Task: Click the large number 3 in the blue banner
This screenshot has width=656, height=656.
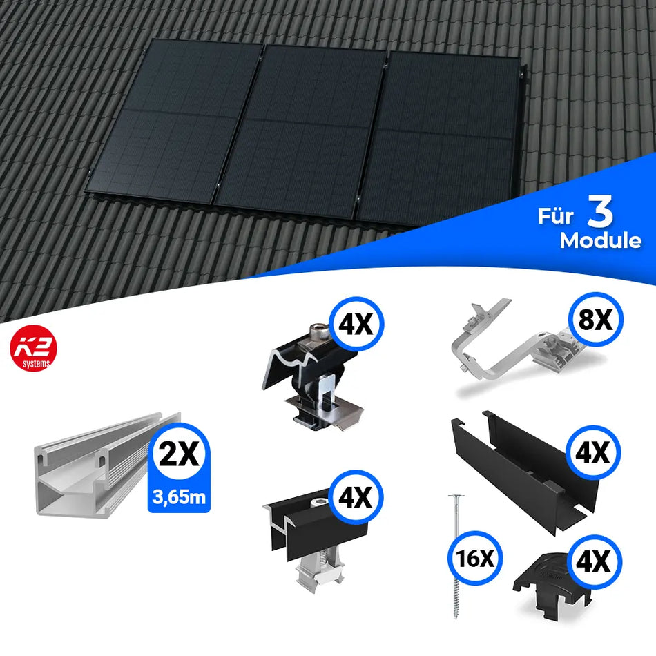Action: click(x=600, y=214)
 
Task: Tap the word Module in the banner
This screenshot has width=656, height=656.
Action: click(x=600, y=241)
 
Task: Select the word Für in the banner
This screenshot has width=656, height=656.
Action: click(x=554, y=216)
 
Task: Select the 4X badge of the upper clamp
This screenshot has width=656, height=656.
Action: click(x=356, y=323)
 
